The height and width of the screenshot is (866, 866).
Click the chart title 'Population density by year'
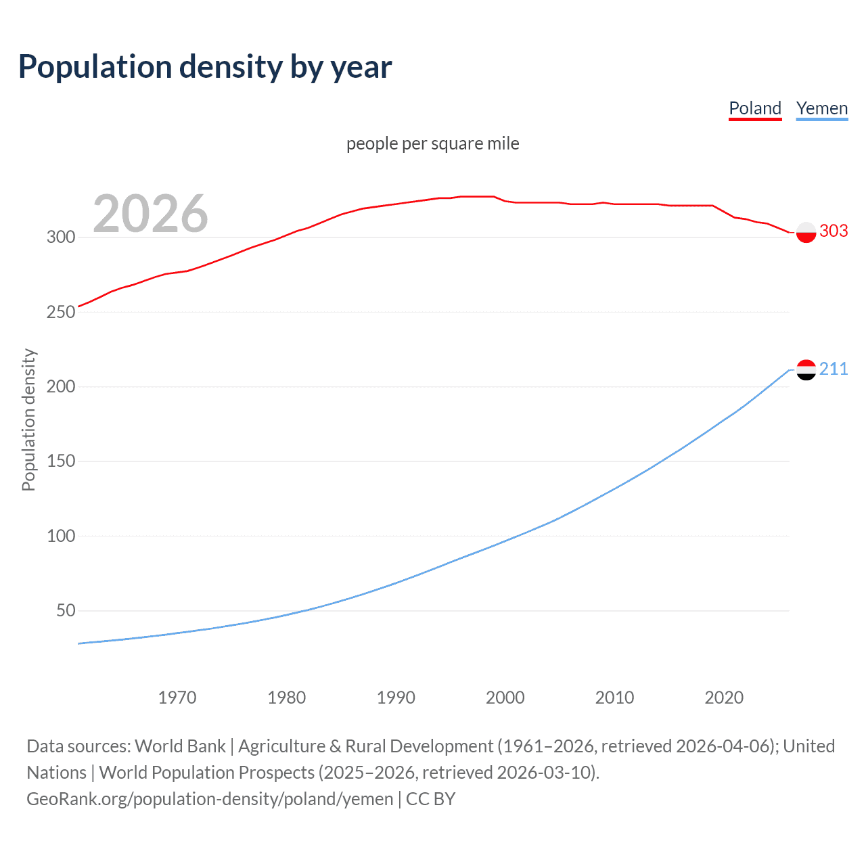[205, 67]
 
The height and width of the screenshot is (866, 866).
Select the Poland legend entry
[755, 108]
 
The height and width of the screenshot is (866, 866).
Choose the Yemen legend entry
[822, 108]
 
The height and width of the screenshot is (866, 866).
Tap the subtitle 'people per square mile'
[433, 143]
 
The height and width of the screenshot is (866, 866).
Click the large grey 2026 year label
[150, 214]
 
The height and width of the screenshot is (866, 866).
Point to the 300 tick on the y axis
[60, 237]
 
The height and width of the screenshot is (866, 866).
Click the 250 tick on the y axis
[60, 312]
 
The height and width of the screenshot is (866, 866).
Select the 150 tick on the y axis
[60, 461]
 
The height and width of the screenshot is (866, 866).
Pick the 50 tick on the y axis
[65, 610]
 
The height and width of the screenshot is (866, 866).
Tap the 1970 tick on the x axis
[177, 698]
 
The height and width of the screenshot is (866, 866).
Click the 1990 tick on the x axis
[396, 698]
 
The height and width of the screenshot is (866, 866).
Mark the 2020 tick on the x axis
[724, 698]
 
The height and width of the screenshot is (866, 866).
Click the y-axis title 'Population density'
[28, 419]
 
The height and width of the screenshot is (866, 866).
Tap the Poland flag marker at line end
[806, 232]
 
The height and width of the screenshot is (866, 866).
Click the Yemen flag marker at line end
[806, 369]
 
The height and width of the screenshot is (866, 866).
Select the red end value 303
[834, 231]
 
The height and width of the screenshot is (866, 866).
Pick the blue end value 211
[834, 369]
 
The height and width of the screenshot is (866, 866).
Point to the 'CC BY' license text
[431, 799]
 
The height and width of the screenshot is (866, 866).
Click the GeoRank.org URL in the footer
[210, 799]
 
